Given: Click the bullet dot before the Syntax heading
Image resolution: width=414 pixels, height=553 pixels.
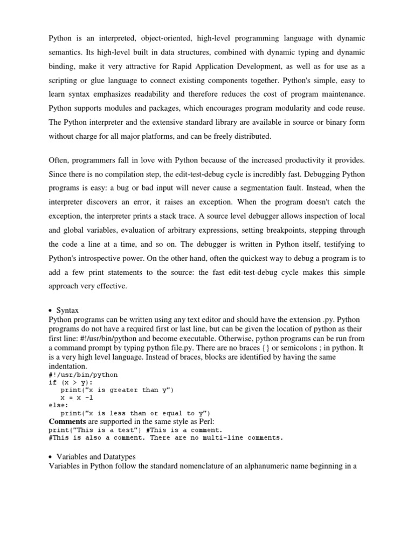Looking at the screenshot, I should point(50,311).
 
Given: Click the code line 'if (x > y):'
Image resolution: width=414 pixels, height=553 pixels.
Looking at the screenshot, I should point(70,382).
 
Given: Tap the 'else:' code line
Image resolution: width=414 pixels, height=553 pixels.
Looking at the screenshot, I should point(58,405).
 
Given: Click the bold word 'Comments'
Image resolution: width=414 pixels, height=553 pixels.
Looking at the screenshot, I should point(67,421).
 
